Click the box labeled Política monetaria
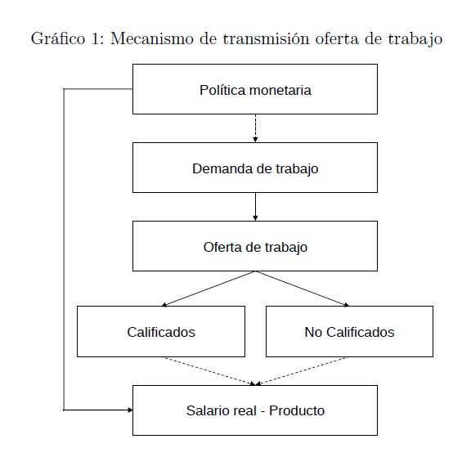(255, 89)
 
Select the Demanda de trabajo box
(255, 168)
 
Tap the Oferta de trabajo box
(255, 246)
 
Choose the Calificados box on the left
(161, 331)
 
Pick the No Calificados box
(349, 331)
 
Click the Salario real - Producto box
(255, 410)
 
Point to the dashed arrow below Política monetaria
(255, 128)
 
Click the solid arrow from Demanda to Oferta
(255, 207)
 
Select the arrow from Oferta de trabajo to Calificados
(209, 289)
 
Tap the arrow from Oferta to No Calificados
(303, 289)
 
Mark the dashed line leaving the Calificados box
(209, 371)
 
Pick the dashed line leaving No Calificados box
(301, 371)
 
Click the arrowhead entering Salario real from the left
(130, 410)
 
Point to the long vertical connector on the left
(64, 249)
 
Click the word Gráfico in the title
(58, 38)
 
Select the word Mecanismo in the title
(152, 38)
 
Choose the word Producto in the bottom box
(297, 410)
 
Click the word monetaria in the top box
(280, 90)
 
